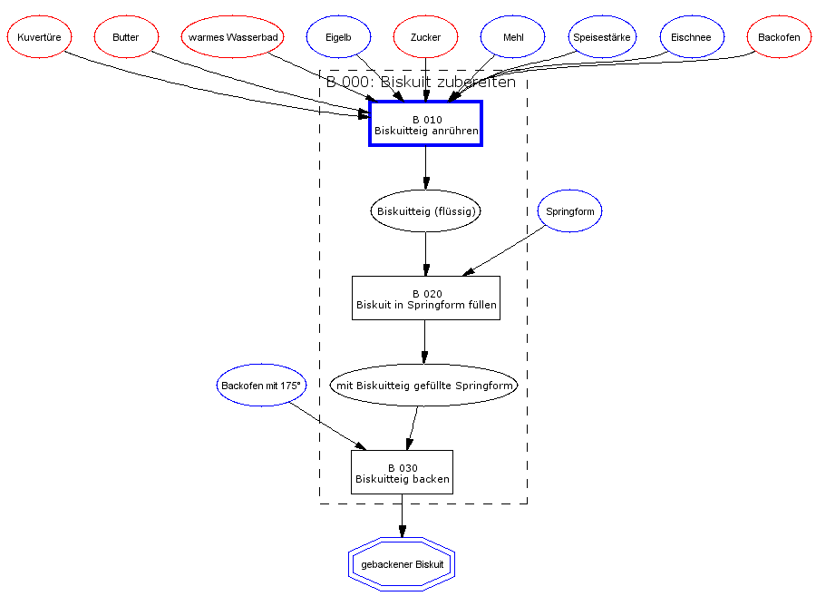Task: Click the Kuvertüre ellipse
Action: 39,37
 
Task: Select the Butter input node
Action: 126,37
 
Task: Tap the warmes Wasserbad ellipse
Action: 233,37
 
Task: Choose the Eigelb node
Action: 338,37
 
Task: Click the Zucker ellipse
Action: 425,37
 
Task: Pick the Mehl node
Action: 512,37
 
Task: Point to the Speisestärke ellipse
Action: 602,37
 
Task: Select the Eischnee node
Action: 692,37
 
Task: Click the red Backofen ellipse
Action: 779,37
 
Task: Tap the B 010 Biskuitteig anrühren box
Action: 425,123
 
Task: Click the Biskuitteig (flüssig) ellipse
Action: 425,211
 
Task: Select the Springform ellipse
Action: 569,211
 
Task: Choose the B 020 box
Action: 425,298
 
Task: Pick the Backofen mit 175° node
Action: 261,386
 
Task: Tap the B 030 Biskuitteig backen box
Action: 402,473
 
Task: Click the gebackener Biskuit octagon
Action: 402,564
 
